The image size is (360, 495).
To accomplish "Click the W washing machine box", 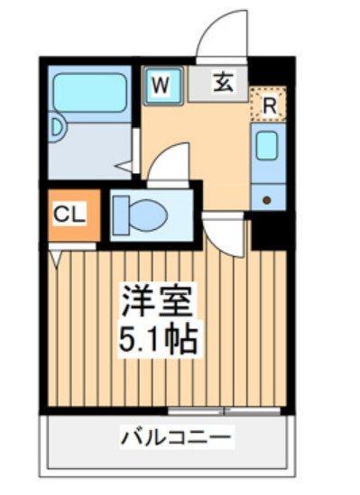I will [162, 86].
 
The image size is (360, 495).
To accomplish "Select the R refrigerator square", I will [269, 104].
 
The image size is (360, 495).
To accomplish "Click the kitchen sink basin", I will [268, 146].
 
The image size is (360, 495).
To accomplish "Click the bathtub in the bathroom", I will [88, 92].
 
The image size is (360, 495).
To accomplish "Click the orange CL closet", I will [69, 215].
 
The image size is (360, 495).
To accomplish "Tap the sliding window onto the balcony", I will [224, 411].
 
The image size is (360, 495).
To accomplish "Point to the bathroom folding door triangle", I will [125, 166].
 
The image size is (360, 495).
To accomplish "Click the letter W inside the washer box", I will [161, 86].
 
